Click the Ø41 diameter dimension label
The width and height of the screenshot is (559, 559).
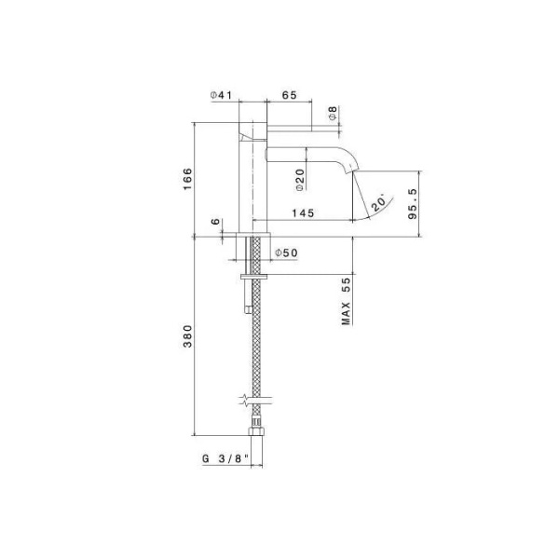click(221, 95)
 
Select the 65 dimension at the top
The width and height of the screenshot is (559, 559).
click(288, 95)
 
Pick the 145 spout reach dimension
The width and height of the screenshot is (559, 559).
click(301, 212)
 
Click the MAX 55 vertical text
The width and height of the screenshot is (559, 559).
click(346, 300)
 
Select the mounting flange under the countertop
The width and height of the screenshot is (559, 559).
click(254, 276)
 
